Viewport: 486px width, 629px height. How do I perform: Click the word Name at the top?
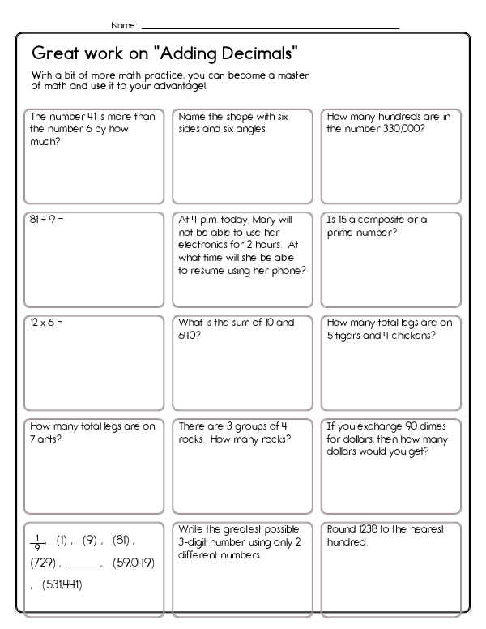coord(122,25)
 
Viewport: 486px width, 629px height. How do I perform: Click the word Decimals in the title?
coord(261,54)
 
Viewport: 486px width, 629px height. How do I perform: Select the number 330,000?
coord(403,128)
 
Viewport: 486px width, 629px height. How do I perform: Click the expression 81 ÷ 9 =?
coord(45,220)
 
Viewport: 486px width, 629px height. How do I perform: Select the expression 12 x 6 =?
coord(46,323)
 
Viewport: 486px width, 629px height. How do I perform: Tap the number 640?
coord(188,334)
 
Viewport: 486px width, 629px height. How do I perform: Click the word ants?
coord(51,439)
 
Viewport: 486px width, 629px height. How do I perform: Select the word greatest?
coord(231,529)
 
